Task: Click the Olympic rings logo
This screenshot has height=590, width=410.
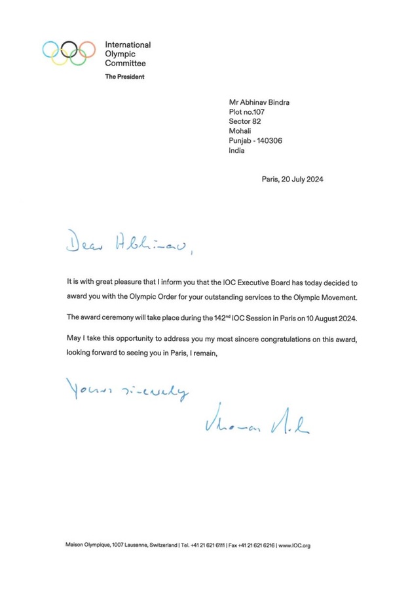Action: pyautogui.click(x=69, y=53)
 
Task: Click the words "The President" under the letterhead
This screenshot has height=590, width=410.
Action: pyautogui.click(x=124, y=77)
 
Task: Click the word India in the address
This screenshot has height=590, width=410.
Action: pyautogui.click(x=236, y=150)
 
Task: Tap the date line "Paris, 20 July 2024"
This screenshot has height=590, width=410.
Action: pyautogui.click(x=291, y=179)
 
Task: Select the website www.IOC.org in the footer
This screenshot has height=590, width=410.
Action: pyautogui.click(x=295, y=545)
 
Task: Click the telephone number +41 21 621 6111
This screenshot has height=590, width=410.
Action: pyautogui.click(x=204, y=545)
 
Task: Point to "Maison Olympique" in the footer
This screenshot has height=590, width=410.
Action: pyautogui.click(x=86, y=545)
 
